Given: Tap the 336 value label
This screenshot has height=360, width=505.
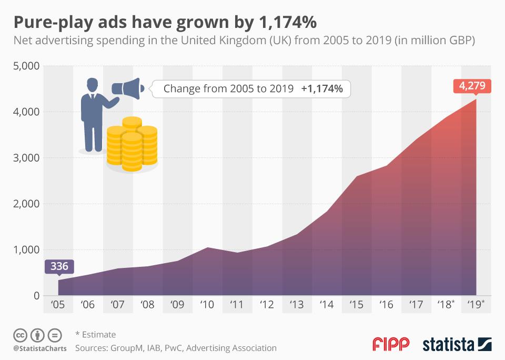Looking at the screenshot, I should coord(58,266).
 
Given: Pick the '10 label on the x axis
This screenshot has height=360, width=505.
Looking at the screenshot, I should coord(208,304).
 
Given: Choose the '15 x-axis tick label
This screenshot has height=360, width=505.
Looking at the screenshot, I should coord(357,304).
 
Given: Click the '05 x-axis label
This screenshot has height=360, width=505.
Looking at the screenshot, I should coord(58,304).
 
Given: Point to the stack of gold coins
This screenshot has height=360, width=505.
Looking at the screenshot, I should coord(132,144).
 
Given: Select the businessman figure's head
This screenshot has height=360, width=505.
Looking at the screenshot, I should coord(92,84).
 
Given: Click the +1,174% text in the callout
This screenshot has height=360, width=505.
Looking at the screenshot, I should coord(322,89).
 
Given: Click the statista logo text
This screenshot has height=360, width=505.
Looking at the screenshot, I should coord(447,345).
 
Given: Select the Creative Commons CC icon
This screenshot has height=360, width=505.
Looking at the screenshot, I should coord(20,335).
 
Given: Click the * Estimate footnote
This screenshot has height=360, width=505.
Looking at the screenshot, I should coord(95,335).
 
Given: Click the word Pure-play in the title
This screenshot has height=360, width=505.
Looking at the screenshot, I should coord(50,23).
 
